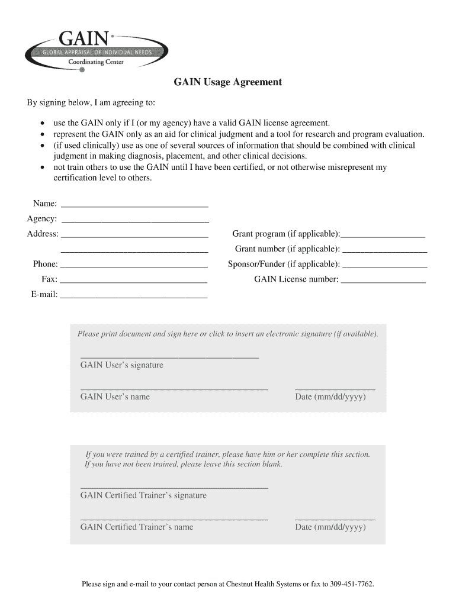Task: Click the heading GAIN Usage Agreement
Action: pyautogui.click(x=227, y=82)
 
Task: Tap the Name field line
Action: pyautogui.click(x=134, y=205)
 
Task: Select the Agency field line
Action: pyautogui.click(x=135, y=220)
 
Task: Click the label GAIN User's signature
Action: pyautogui.click(x=121, y=365)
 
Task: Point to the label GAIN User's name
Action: pyautogui.click(x=115, y=397)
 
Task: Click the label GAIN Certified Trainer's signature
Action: pyautogui.click(x=143, y=495)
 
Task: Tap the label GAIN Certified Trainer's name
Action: pyautogui.click(x=137, y=527)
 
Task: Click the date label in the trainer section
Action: pyautogui.click(x=330, y=527)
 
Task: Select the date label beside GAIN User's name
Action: pyautogui.click(x=330, y=397)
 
